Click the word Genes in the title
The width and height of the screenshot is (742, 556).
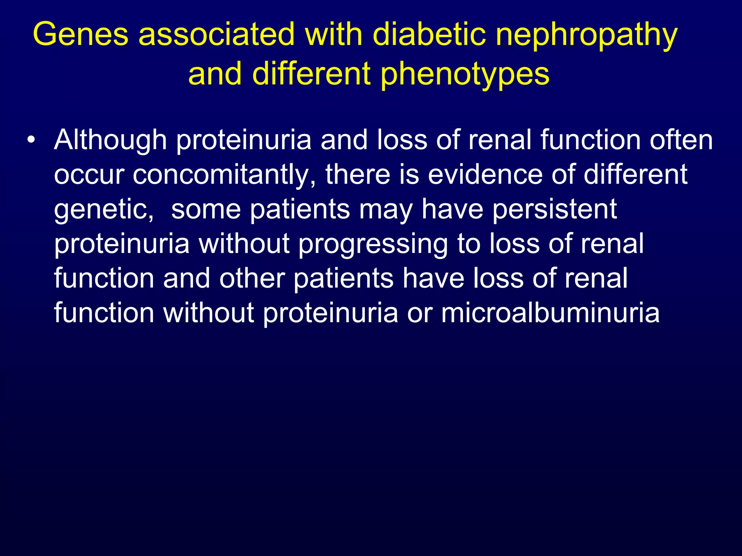click(80, 34)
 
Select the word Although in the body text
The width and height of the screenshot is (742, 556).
click(111, 140)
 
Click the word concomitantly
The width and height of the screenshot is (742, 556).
click(224, 175)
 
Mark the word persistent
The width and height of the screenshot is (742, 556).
click(554, 209)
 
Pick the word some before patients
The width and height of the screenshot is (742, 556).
click(206, 209)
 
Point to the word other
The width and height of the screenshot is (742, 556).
click(252, 278)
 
